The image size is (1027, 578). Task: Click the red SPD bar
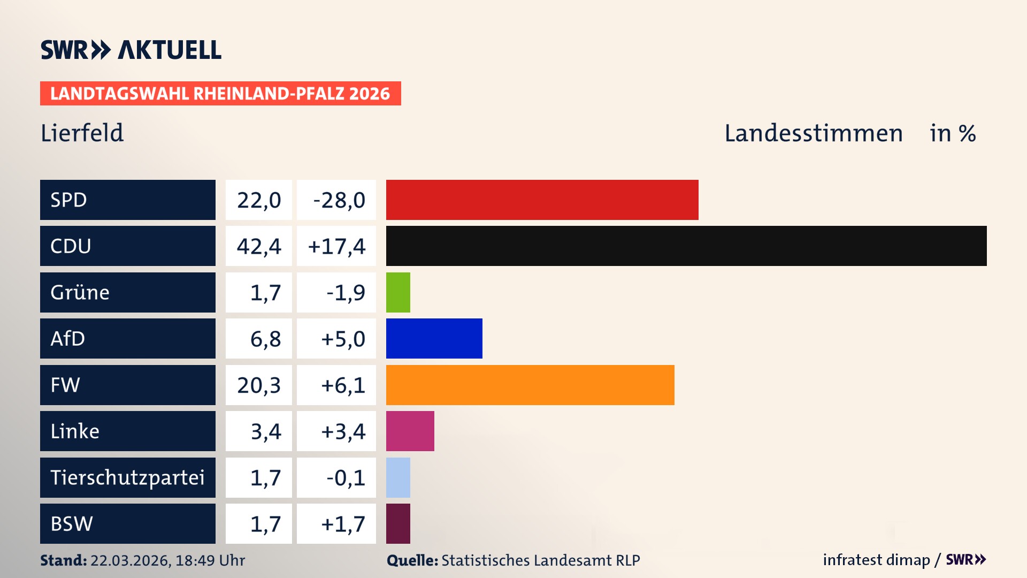542,200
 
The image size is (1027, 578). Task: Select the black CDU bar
686,246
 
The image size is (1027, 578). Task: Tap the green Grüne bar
398,292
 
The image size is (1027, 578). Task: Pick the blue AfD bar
434,338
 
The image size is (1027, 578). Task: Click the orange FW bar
530,385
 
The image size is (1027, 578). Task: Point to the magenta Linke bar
410,431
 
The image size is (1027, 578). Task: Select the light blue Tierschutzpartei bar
398,477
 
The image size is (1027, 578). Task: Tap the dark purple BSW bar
398,523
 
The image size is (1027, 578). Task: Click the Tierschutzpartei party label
127,477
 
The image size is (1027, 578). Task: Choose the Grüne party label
80,292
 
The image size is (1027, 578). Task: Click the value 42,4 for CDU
259,246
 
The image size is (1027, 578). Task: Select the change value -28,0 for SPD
339,200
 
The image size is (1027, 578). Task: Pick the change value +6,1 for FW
343,385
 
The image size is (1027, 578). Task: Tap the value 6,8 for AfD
265,339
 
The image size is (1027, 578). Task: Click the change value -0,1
346,478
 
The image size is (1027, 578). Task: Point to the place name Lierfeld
82,133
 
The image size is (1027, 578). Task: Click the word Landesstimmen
814,133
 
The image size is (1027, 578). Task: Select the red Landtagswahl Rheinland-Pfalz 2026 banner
220,94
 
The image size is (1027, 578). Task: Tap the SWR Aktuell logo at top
131,50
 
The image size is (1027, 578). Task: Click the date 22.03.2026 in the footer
130,560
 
